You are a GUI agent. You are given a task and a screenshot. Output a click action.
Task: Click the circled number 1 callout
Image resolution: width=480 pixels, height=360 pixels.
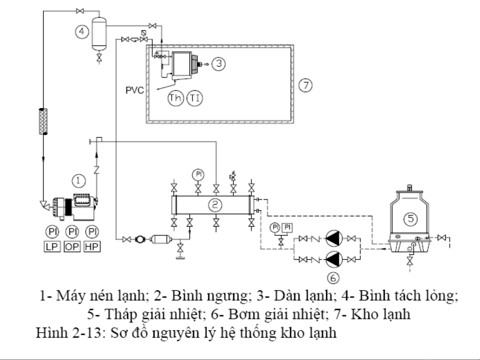click(79, 180)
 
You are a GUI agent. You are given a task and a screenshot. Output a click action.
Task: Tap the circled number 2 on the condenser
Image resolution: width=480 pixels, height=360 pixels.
click(215, 204)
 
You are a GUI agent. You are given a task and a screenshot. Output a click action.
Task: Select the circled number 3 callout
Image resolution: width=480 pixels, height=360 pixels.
click(219, 63)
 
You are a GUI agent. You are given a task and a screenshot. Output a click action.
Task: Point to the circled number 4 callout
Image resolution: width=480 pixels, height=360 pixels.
click(82, 32)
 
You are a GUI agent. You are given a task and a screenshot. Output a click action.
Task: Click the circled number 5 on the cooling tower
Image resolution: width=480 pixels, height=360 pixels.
click(410, 218)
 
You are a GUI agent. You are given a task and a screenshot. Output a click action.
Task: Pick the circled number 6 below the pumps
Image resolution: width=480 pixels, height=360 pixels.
click(333, 277)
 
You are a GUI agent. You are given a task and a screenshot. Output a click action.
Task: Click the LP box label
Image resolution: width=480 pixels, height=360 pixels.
click(52, 247)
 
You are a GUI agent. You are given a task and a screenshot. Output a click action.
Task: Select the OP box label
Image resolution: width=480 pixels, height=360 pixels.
click(72, 247)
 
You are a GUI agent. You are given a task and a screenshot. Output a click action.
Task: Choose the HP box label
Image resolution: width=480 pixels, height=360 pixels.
click(92, 247)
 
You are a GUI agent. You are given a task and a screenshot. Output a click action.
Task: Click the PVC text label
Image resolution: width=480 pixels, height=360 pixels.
click(135, 90)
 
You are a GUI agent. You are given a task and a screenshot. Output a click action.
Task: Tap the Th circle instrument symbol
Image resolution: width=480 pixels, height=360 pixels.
click(176, 98)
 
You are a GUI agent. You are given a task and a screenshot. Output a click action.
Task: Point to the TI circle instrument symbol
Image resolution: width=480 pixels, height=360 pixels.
click(195, 98)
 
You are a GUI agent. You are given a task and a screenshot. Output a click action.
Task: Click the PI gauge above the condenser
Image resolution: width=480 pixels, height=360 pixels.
click(198, 174)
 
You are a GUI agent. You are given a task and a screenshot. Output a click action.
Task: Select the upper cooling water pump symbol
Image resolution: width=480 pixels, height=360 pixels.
click(334, 238)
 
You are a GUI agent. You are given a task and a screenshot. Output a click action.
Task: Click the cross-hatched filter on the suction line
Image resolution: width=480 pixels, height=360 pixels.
click(43, 121)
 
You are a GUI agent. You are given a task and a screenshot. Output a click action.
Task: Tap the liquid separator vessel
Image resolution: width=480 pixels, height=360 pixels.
click(99, 33)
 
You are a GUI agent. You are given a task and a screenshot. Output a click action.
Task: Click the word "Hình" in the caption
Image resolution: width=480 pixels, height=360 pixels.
click(49, 332)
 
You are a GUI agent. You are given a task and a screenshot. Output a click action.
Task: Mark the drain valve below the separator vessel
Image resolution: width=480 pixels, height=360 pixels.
click(99, 57)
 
